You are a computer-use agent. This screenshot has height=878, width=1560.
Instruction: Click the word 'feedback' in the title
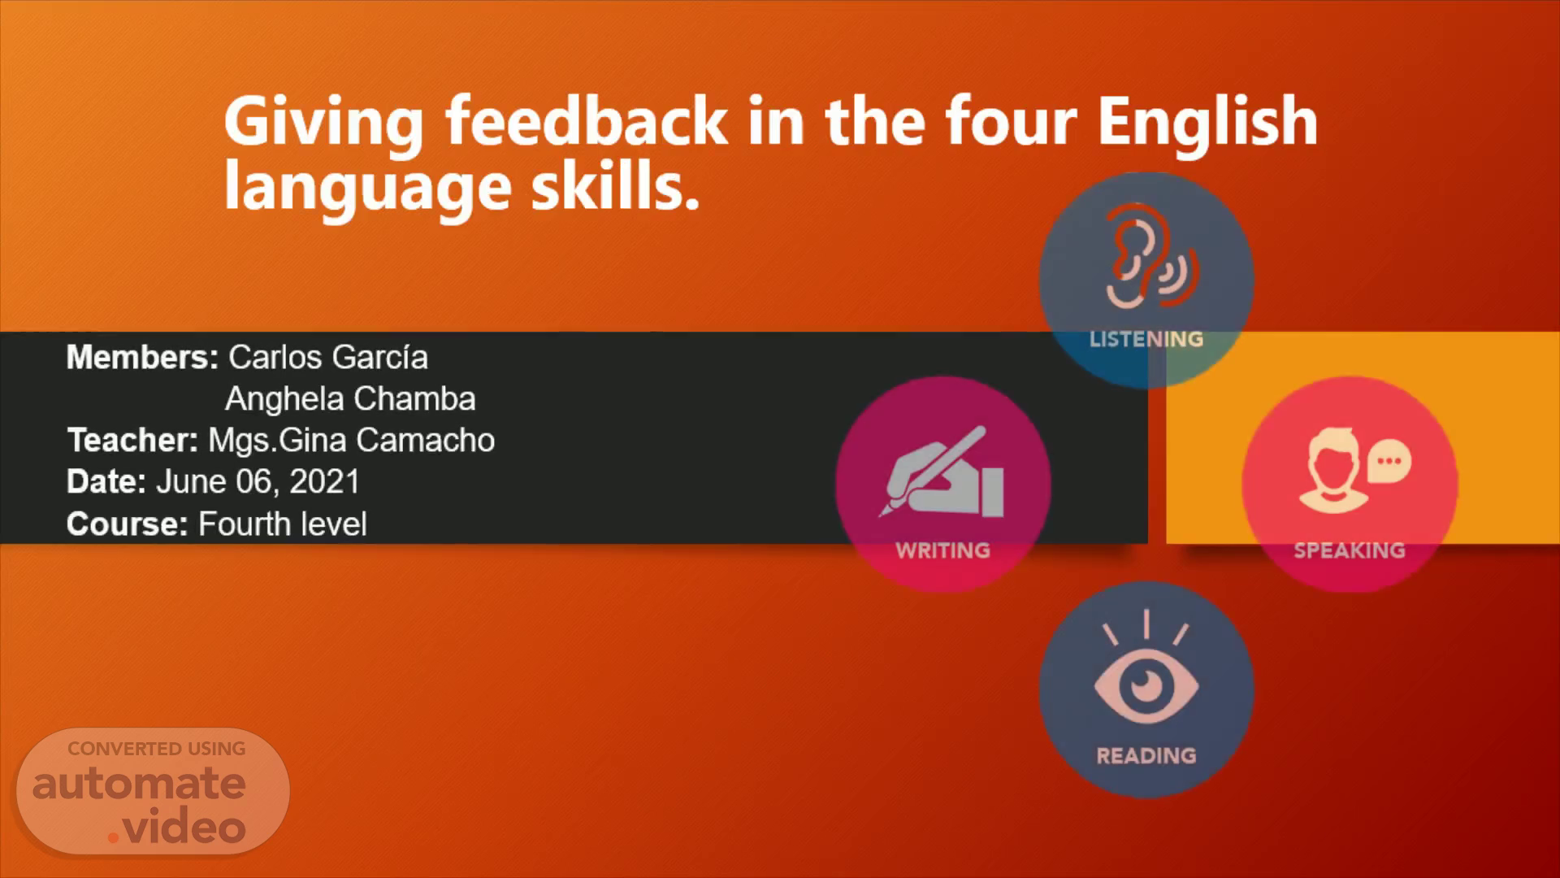pos(586,121)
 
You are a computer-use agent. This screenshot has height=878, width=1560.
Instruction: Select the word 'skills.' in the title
pos(615,186)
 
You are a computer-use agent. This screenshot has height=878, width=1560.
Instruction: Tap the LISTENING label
pos(1146,339)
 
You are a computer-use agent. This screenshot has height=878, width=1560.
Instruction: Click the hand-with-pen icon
pos(942,472)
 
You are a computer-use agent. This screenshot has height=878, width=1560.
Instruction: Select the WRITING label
pos(942,550)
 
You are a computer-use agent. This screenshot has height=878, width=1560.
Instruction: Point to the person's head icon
pos(1330,471)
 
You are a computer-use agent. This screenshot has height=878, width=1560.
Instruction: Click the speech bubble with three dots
pos(1389,462)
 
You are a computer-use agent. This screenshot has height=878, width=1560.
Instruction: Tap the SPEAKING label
pos(1350,550)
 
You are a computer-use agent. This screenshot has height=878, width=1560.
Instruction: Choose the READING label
pos(1146,756)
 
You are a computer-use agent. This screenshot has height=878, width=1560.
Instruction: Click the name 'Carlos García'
pos(328,358)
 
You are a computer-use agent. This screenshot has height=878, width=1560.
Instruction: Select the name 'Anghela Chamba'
pos(350,399)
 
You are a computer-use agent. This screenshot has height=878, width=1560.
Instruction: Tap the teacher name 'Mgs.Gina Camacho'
pos(351,441)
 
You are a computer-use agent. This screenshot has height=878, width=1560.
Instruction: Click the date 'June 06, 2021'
pos(258,482)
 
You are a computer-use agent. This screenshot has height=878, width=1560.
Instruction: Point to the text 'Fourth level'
pos(283,524)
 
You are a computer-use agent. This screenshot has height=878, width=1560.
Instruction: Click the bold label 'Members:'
pos(142,358)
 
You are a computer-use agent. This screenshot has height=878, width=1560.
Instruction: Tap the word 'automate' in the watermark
pos(139,784)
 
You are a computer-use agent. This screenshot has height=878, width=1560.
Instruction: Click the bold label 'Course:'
pos(128,524)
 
